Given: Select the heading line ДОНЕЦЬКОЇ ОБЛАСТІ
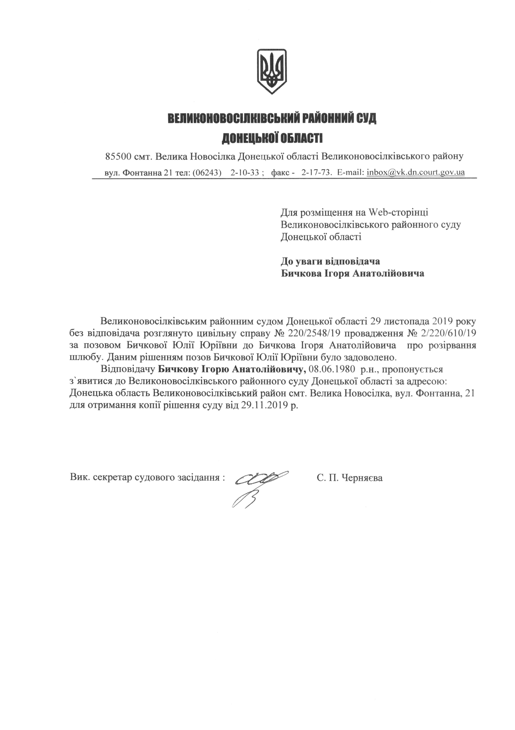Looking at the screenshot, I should (272, 138).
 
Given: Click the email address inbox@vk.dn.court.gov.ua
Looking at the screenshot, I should (416, 172).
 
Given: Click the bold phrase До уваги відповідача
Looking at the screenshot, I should (330, 261).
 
